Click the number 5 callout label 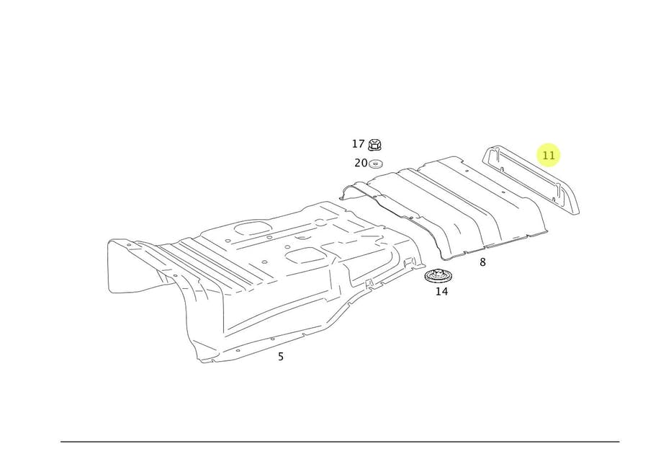coord(281,356)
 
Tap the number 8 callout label coord(482,262)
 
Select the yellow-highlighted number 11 coord(549,155)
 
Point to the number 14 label coord(441,291)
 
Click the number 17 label coord(359,144)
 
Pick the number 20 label coord(361,163)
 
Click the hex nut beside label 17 coord(377,145)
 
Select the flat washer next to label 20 coord(377,164)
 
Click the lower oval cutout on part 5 coord(305,254)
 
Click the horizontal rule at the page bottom coord(339,441)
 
